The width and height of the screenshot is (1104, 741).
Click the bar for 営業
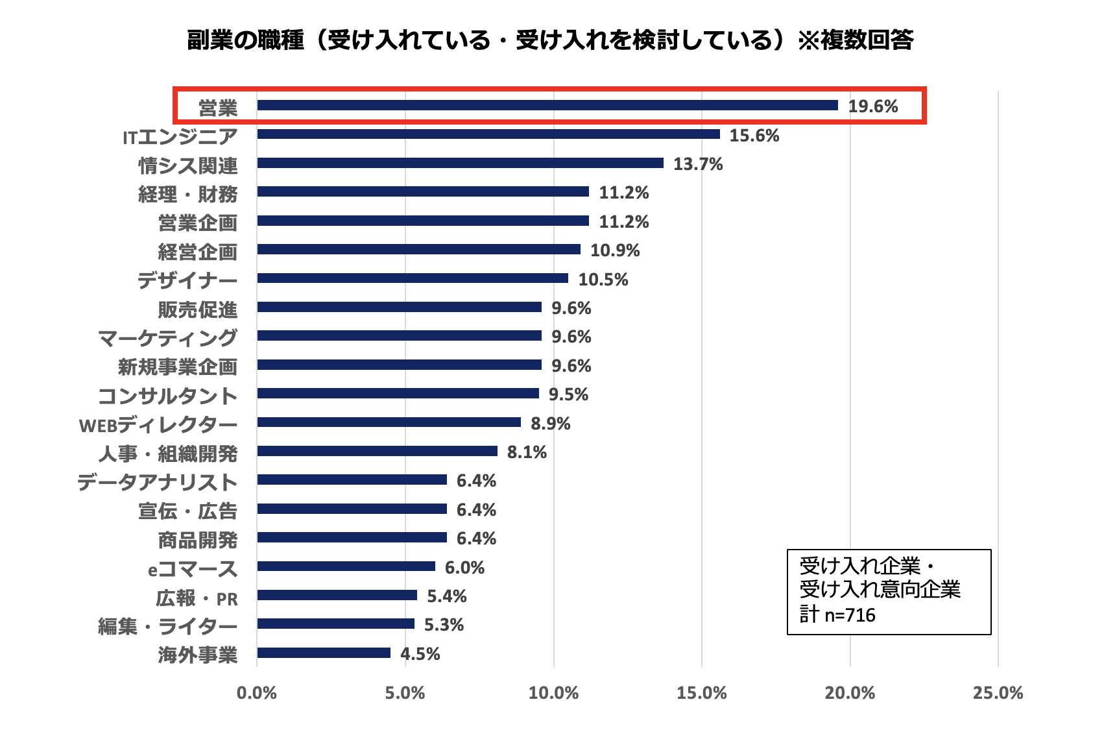click(547, 105)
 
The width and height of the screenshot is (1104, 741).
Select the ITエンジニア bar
click(488, 134)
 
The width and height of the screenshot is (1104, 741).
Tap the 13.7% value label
click(698, 164)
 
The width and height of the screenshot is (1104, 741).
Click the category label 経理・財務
click(187, 194)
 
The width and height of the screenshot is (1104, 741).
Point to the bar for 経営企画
click(418, 249)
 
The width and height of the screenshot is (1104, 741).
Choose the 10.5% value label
click(603, 280)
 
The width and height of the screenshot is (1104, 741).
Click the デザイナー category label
click(187, 280)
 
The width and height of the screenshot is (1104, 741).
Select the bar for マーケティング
click(399, 335)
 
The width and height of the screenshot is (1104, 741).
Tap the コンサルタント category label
click(167, 396)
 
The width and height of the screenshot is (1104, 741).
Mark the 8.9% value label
click(551, 424)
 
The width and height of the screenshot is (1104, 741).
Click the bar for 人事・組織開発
click(377, 451)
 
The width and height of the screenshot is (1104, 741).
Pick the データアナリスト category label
click(158, 482)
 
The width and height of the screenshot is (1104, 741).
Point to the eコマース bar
click(346, 566)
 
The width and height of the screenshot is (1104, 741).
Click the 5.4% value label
click(447, 596)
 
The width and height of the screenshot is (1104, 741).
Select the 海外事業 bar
click(324, 653)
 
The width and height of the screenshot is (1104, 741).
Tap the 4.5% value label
click(420, 654)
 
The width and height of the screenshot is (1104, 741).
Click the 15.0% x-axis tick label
click(701, 693)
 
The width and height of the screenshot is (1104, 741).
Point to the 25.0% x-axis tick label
click(998, 693)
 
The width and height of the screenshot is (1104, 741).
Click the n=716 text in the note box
click(850, 614)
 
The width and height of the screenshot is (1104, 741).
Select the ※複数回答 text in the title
click(856, 40)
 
